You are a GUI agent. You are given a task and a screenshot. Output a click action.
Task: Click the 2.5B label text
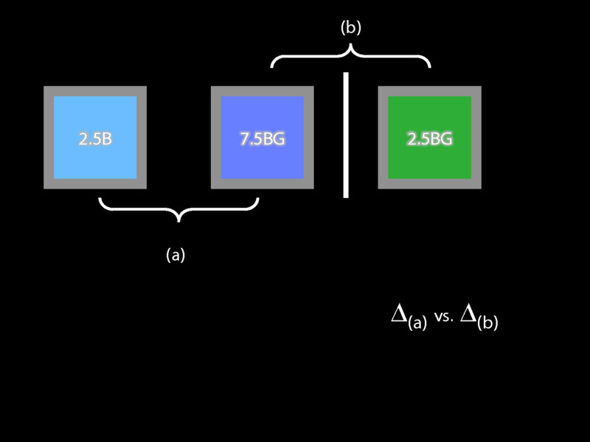pos(95,138)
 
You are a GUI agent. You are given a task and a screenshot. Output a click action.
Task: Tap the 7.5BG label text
pos(262,138)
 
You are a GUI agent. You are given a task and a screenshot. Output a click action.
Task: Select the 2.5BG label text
pos(429,138)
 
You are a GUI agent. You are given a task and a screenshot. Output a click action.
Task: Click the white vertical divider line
pos(346,135)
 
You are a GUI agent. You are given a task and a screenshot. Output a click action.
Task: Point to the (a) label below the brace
pos(176,255)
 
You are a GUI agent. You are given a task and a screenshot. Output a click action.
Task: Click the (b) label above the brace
pos(351,28)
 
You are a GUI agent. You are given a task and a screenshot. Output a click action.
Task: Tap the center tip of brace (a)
pos(178,219)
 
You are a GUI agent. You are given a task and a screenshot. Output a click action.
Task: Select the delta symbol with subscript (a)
pos(399,315)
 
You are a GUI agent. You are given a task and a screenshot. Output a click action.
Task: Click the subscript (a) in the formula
pos(417,323)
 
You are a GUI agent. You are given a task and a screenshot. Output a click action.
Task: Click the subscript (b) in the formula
pos(487,323)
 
